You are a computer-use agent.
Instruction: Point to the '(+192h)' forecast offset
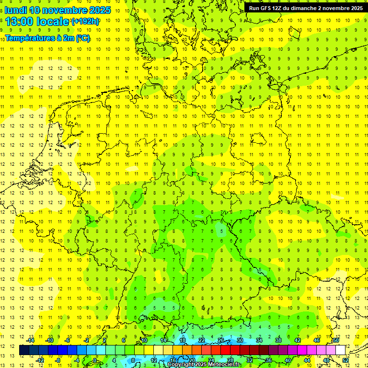(85, 21)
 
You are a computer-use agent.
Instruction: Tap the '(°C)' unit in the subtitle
(82, 38)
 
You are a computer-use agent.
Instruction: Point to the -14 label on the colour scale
(30, 340)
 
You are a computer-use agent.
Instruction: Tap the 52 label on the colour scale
(345, 360)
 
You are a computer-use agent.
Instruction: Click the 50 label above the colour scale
(336, 340)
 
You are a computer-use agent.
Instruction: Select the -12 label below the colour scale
(40, 360)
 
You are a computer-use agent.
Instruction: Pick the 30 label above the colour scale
(240, 340)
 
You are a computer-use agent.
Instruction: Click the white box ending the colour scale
(340, 350)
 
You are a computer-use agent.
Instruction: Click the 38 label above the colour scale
(278, 340)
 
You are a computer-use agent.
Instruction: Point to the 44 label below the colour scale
(307, 360)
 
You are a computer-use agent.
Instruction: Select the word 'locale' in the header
(54, 21)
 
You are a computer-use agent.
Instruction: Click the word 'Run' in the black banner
(254, 8)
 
